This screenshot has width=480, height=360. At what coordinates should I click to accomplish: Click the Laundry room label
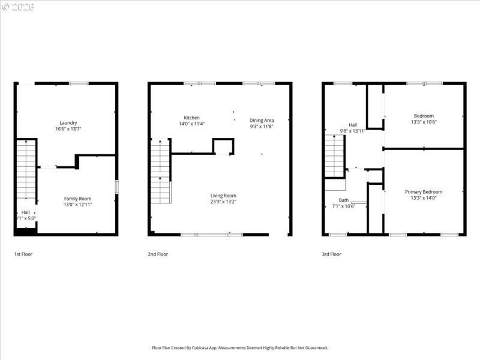(67, 122)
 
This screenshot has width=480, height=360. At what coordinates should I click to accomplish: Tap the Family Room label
(78, 198)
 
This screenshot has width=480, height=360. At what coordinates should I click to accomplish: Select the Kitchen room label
(191, 118)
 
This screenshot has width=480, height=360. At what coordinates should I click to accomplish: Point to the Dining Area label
(262, 120)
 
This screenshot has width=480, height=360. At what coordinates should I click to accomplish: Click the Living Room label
(223, 195)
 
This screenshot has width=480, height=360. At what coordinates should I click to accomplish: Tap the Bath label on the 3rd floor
(344, 200)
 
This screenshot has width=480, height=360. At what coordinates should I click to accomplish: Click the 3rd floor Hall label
(353, 124)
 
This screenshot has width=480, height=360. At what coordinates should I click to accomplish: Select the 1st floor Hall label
(26, 212)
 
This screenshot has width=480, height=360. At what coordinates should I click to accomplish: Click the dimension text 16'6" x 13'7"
(67, 128)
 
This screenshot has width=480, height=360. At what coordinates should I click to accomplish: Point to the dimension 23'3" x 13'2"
(223, 202)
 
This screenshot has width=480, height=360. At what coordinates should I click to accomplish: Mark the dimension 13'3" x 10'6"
(423, 122)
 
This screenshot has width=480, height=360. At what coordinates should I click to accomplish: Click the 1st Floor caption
(23, 254)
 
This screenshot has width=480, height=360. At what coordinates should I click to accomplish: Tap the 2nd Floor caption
(158, 254)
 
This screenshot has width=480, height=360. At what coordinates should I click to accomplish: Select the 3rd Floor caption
(331, 254)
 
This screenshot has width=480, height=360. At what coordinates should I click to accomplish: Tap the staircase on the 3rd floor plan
(334, 156)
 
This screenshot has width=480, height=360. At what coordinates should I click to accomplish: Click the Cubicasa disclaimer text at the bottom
(239, 347)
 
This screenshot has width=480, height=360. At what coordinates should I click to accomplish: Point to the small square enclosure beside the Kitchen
(223, 146)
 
